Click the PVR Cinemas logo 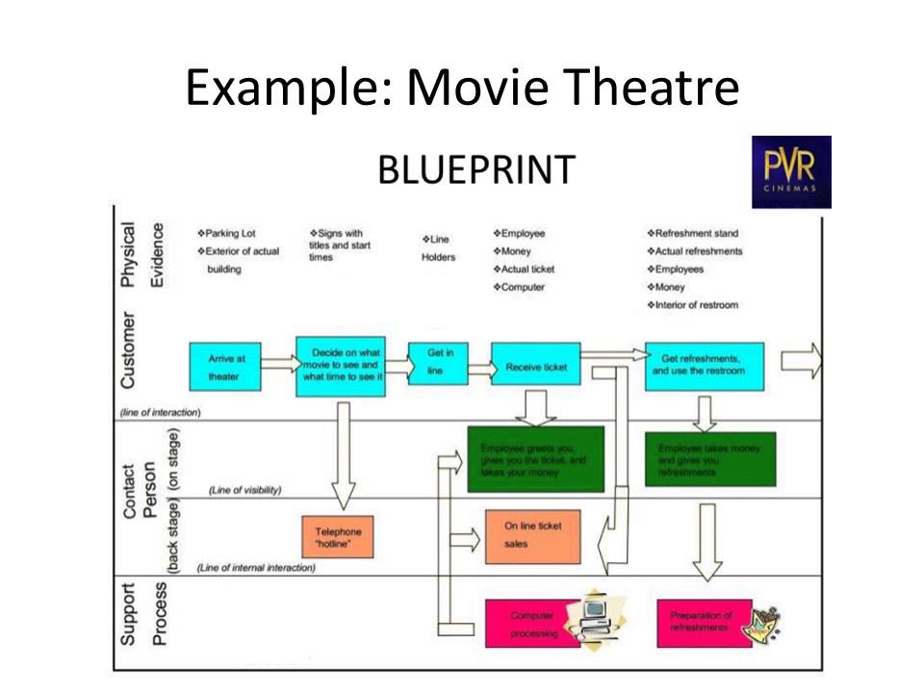click(790, 171)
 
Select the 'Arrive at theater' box click(227, 367)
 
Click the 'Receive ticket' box click(536, 367)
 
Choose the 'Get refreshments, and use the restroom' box click(705, 366)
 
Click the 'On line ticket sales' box click(532, 535)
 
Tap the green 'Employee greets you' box click(535, 459)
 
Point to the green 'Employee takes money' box click(708, 459)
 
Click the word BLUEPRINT click(476, 170)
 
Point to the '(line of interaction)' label click(161, 412)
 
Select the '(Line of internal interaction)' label click(256, 568)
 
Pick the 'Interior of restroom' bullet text click(697, 305)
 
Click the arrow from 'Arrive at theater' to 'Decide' click(278, 364)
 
